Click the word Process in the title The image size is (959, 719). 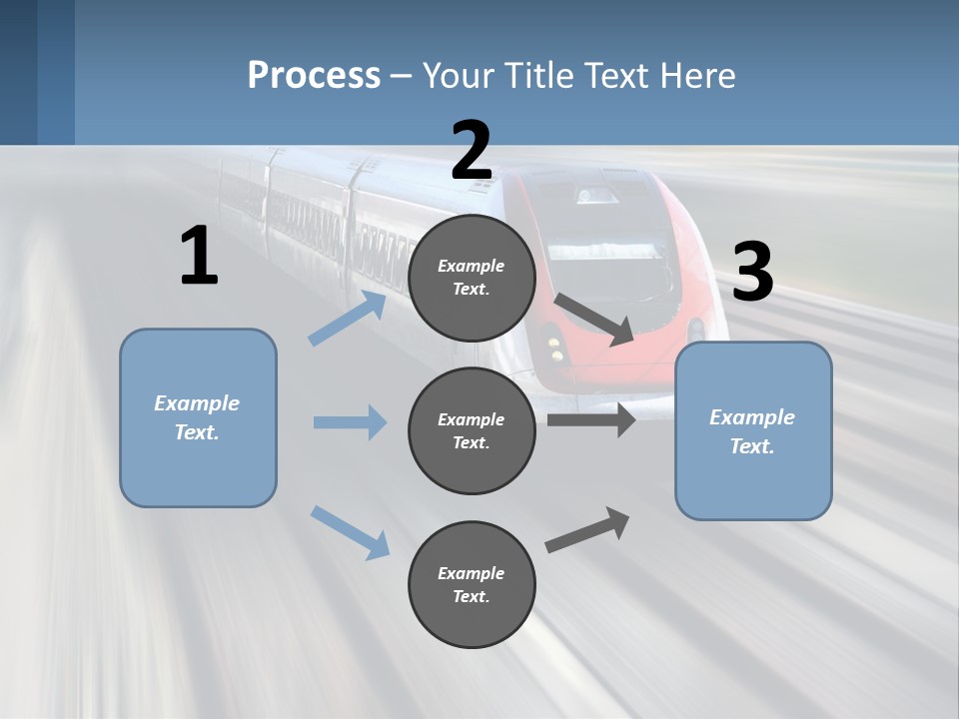[314, 75]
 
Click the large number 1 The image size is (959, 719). [200, 255]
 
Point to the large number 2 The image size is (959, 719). [472, 151]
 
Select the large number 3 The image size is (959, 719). [753, 271]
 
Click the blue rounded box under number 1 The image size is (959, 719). [198, 418]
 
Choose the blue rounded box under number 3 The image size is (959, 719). [753, 431]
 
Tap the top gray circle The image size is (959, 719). [472, 278]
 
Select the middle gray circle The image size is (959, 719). [472, 431]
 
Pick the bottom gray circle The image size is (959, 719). [472, 584]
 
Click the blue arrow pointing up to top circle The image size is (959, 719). [348, 318]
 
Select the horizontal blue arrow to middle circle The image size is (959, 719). [351, 421]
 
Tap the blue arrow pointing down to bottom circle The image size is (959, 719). [351, 532]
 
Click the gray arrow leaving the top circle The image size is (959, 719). [593, 320]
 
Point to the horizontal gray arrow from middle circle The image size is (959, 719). [591, 420]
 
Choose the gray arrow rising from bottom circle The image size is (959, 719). [587, 530]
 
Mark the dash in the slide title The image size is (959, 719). [401, 77]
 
